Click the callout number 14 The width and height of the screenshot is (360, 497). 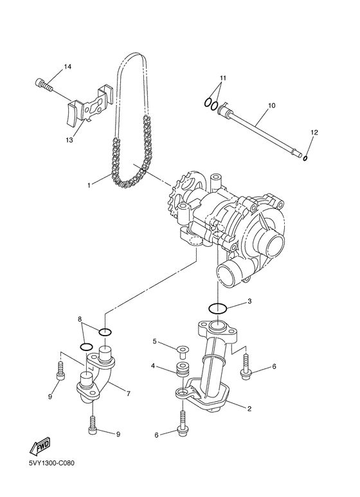[x=67, y=67]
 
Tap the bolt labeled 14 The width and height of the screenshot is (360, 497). [x=44, y=84]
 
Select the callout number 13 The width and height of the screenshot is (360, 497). [x=69, y=140]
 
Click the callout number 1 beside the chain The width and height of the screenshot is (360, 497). [x=89, y=185]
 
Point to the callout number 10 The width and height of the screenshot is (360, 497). [x=271, y=105]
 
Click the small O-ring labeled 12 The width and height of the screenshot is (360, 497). [x=305, y=158]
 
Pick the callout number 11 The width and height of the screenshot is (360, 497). [x=223, y=78]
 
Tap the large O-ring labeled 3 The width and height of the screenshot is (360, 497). [x=217, y=308]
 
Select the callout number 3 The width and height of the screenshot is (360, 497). [x=249, y=301]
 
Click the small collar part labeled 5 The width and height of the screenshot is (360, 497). [x=181, y=349]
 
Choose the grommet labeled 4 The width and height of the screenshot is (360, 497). [x=181, y=368]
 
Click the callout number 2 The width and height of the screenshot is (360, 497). [x=249, y=409]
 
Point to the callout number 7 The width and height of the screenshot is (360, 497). [x=129, y=394]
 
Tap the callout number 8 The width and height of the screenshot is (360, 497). [x=80, y=319]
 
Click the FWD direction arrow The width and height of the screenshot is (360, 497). [x=40, y=447]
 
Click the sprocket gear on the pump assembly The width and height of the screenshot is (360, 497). [x=184, y=192]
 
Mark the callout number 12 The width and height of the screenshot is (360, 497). [x=314, y=132]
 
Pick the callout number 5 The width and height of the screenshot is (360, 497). [x=155, y=341]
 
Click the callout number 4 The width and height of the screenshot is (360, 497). [x=153, y=366]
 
